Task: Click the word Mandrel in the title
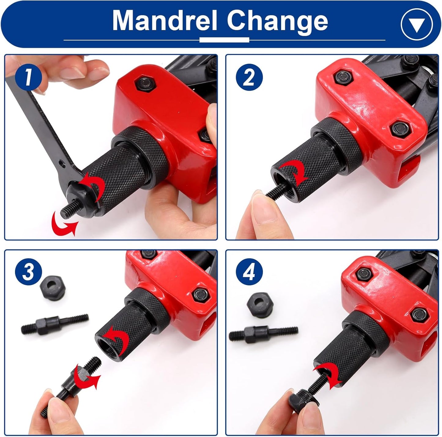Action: click(165, 21)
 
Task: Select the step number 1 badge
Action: click(28, 77)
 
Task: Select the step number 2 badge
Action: click(249, 77)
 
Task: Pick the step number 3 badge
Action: click(28, 272)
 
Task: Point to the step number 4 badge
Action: click(249, 272)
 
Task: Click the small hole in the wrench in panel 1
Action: click(61, 163)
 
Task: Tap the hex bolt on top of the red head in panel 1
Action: click(146, 83)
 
